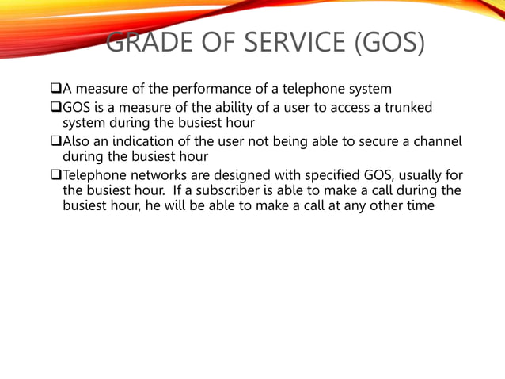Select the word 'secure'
tap(369, 143)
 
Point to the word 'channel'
tap(434, 143)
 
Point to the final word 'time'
tap(420, 206)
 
